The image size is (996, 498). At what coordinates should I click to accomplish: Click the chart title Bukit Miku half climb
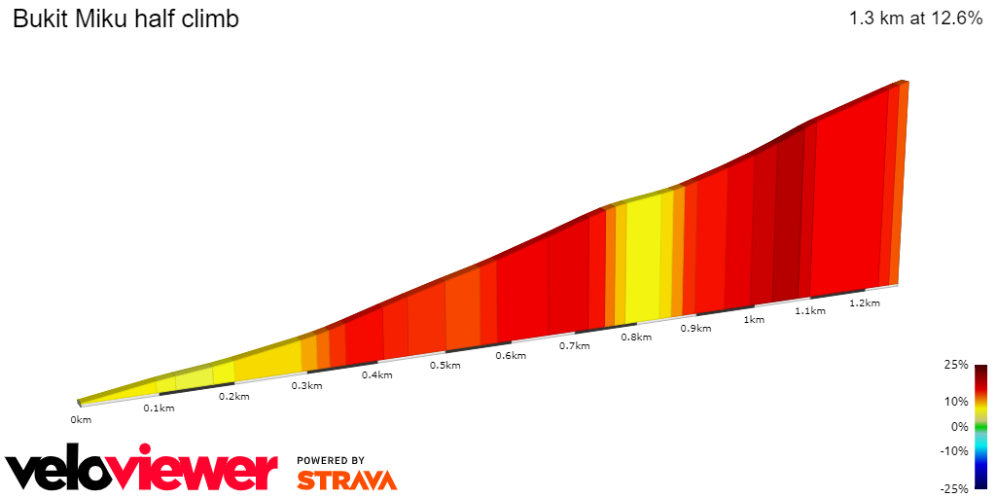125,19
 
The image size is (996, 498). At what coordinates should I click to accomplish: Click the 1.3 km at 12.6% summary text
915,18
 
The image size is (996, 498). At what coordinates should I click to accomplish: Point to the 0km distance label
81,419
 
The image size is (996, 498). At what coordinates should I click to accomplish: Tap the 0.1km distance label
159,408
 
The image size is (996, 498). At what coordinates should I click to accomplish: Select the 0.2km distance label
233,396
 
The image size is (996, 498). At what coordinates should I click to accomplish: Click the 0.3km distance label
306,385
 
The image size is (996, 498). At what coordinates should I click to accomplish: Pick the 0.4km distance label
376,374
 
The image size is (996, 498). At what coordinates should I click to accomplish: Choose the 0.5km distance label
445,365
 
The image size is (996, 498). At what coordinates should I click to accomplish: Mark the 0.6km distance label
511,355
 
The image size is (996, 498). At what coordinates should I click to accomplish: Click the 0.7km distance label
575,345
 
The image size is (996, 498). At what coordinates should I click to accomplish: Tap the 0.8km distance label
636,337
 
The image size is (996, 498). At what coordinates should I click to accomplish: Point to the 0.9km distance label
695,328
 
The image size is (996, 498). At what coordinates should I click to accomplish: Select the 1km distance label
753,319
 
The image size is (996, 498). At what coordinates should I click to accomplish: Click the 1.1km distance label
810,310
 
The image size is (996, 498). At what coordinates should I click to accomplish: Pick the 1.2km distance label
865,302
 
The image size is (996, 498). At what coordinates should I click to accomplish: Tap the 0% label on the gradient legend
960,426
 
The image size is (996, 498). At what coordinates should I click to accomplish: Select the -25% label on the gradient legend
953,488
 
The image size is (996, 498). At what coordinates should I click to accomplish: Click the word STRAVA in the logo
347,480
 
